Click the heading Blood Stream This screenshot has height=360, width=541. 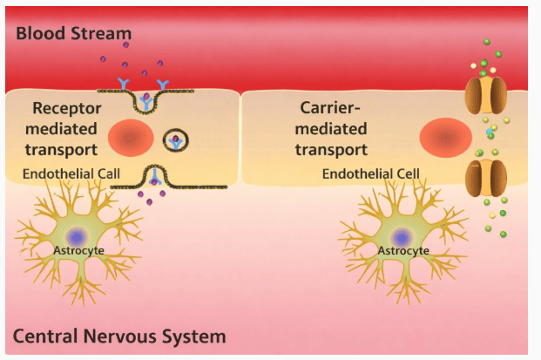73,34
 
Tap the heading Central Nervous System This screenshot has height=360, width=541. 119,336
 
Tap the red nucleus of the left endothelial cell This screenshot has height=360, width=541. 131,138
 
